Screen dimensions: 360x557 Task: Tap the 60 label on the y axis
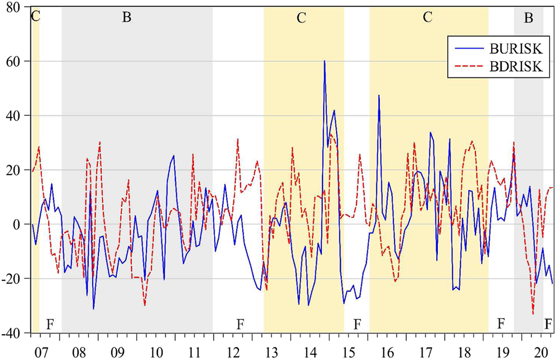click(15, 61)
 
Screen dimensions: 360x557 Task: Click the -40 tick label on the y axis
click(12, 333)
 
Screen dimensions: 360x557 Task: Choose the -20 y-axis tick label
click(12, 279)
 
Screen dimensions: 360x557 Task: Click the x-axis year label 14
click(308, 352)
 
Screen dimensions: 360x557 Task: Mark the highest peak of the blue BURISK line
click(324, 61)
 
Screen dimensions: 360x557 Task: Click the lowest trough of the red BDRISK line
click(533, 314)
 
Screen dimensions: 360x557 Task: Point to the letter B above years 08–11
click(126, 18)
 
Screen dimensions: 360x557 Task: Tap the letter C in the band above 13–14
click(301, 18)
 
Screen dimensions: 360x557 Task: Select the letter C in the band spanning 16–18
click(428, 17)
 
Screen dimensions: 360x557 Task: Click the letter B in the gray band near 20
click(528, 18)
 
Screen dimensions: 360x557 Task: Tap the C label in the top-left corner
click(35, 15)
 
